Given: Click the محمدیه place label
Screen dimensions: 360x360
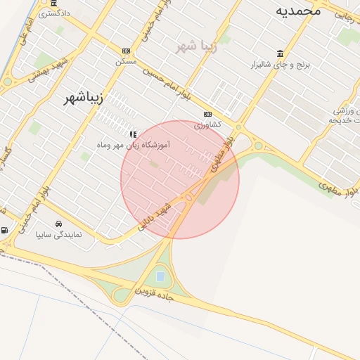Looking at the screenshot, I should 297,11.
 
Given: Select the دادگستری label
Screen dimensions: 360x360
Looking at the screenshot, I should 55,13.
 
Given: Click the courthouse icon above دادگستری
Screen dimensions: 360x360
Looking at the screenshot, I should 54,4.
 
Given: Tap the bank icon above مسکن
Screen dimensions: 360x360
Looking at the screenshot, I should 126,51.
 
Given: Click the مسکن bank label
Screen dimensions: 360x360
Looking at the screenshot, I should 126,61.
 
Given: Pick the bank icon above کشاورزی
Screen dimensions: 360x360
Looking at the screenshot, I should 207,114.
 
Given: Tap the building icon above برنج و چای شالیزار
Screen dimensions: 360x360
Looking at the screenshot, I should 281,54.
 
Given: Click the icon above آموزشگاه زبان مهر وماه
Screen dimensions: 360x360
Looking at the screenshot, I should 132,134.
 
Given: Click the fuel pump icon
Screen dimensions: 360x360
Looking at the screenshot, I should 5,230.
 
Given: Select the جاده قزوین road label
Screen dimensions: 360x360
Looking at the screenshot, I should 153,293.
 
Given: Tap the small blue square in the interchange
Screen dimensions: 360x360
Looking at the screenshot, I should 160,276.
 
